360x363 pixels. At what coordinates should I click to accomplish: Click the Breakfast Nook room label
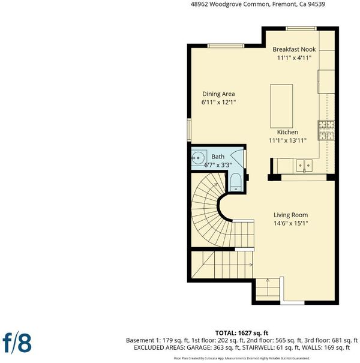294,49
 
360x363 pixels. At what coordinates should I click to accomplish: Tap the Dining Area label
218,94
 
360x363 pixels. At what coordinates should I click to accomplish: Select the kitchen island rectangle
281,106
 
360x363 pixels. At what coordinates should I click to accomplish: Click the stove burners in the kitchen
326,130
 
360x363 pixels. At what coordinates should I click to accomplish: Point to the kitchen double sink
304,165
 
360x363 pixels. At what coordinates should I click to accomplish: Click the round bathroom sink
198,158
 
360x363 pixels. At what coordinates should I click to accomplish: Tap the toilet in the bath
236,182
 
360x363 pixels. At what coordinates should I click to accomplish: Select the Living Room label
291,215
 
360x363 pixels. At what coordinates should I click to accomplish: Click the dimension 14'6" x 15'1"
291,223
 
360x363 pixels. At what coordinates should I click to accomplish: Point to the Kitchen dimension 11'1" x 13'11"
287,140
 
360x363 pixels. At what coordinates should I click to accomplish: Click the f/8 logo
17,343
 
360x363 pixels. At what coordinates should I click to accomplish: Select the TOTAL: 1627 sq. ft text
242,333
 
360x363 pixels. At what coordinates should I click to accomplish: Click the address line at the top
258,4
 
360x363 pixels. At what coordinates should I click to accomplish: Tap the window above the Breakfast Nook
301,28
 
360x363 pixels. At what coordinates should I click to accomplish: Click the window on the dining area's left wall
189,130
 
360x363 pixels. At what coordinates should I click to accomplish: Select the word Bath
218,157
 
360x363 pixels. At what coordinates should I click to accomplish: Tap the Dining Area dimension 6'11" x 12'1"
218,103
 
